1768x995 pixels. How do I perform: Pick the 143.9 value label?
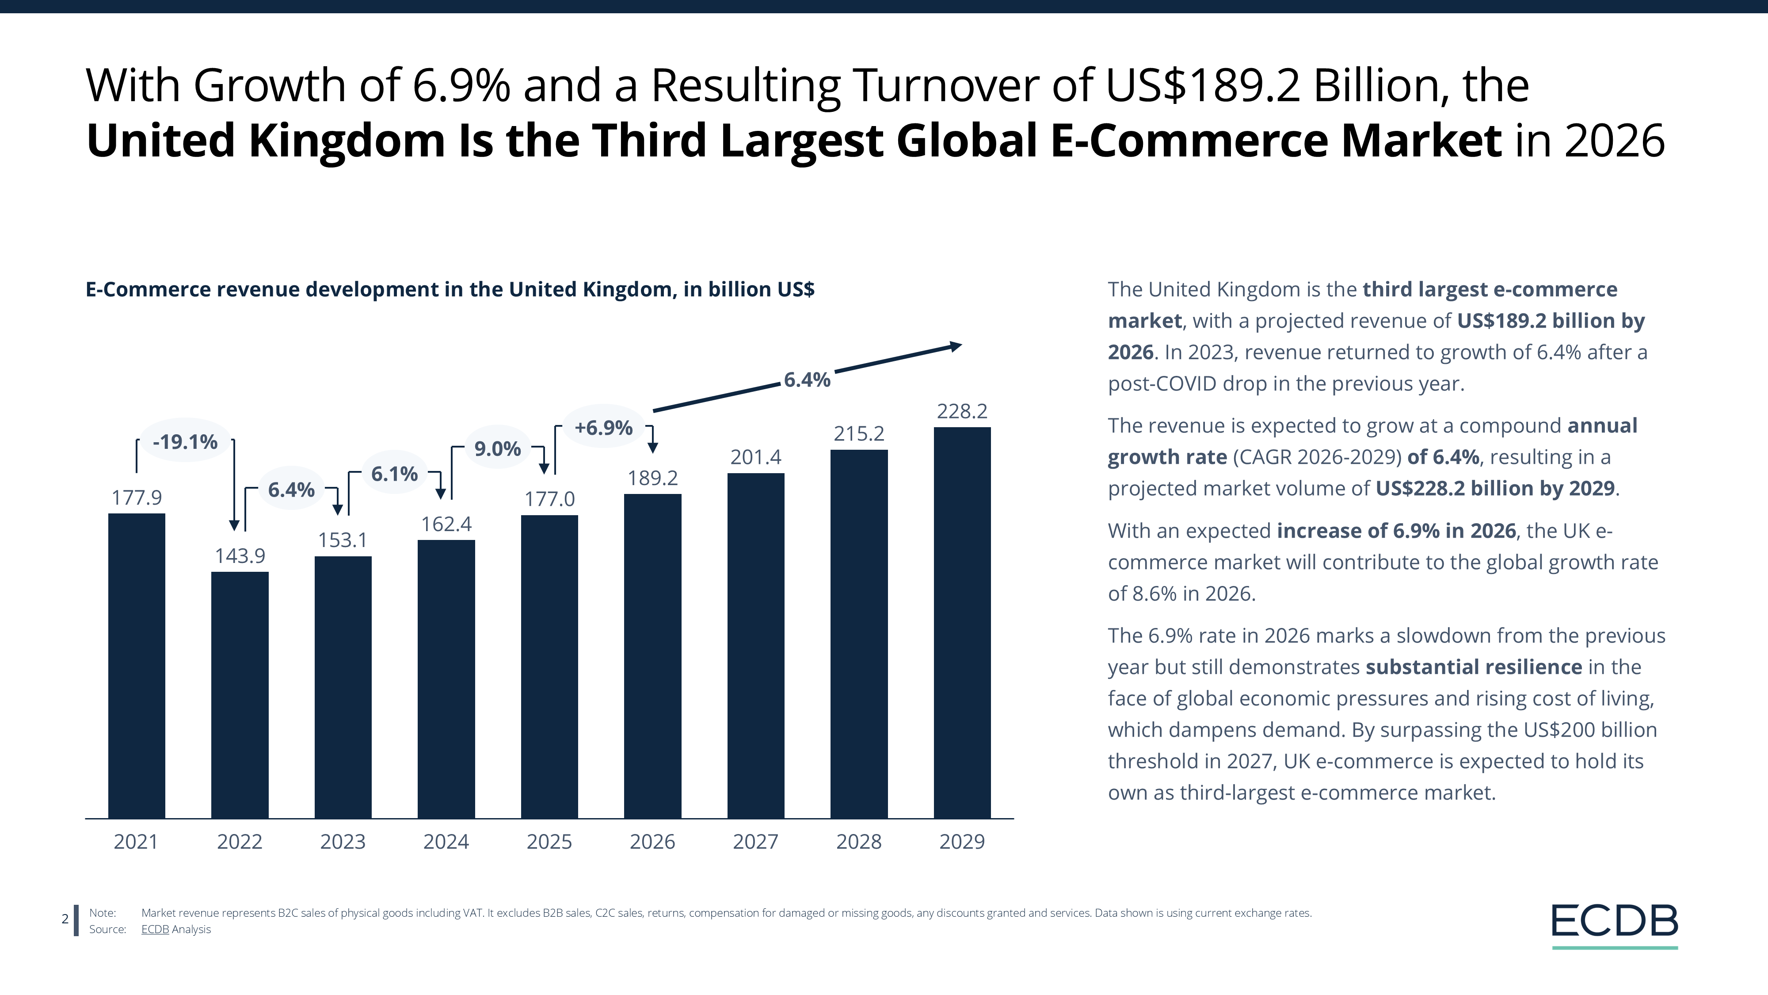tap(240, 555)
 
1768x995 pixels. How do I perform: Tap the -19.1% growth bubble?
tap(185, 441)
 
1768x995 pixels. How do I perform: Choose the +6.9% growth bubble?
tap(603, 428)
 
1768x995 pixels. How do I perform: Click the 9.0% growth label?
tap(498, 449)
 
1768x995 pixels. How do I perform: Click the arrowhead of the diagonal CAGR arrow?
tap(955, 346)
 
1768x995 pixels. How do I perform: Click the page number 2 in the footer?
tap(65, 919)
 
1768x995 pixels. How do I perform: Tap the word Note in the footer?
tap(102, 913)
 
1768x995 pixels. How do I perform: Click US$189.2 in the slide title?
tap(1202, 86)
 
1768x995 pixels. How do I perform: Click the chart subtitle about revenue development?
tap(450, 289)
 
